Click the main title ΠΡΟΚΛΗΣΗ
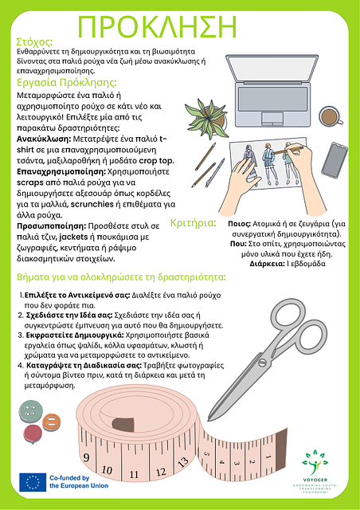pyautogui.click(x=158, y=26)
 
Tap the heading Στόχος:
pyautogui.click(x=34, y=42)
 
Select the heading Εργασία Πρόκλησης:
pyautogui.click(x=67, y=83)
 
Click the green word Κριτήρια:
pyautogui.click(x=194, y=223)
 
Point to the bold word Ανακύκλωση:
pyautogui.click(x=44, y=139)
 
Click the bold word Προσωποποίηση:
pyautogui.click(x=52, y=226)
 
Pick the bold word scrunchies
pyautogui.click(x=92, y=204)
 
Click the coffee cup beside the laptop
pyautogui.click(x=331, y=116)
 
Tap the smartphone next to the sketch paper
pyautogui.click(x=335, y=160)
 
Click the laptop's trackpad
pyautogui.click(x=272, y=119)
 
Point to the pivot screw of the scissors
pyautogui.click(x=262, y=362)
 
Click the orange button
pyautogui.click(x=52, y=423)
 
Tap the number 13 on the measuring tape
pyautogui.click(x=183, y=461)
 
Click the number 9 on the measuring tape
pyautogui.click(x=86, y=457)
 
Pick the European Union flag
pyautogui.click(x=33, y=482)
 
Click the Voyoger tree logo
pyautogui.click(x=315, y=462)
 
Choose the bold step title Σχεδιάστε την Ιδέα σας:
pyautogui.click(x=69, y=316)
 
